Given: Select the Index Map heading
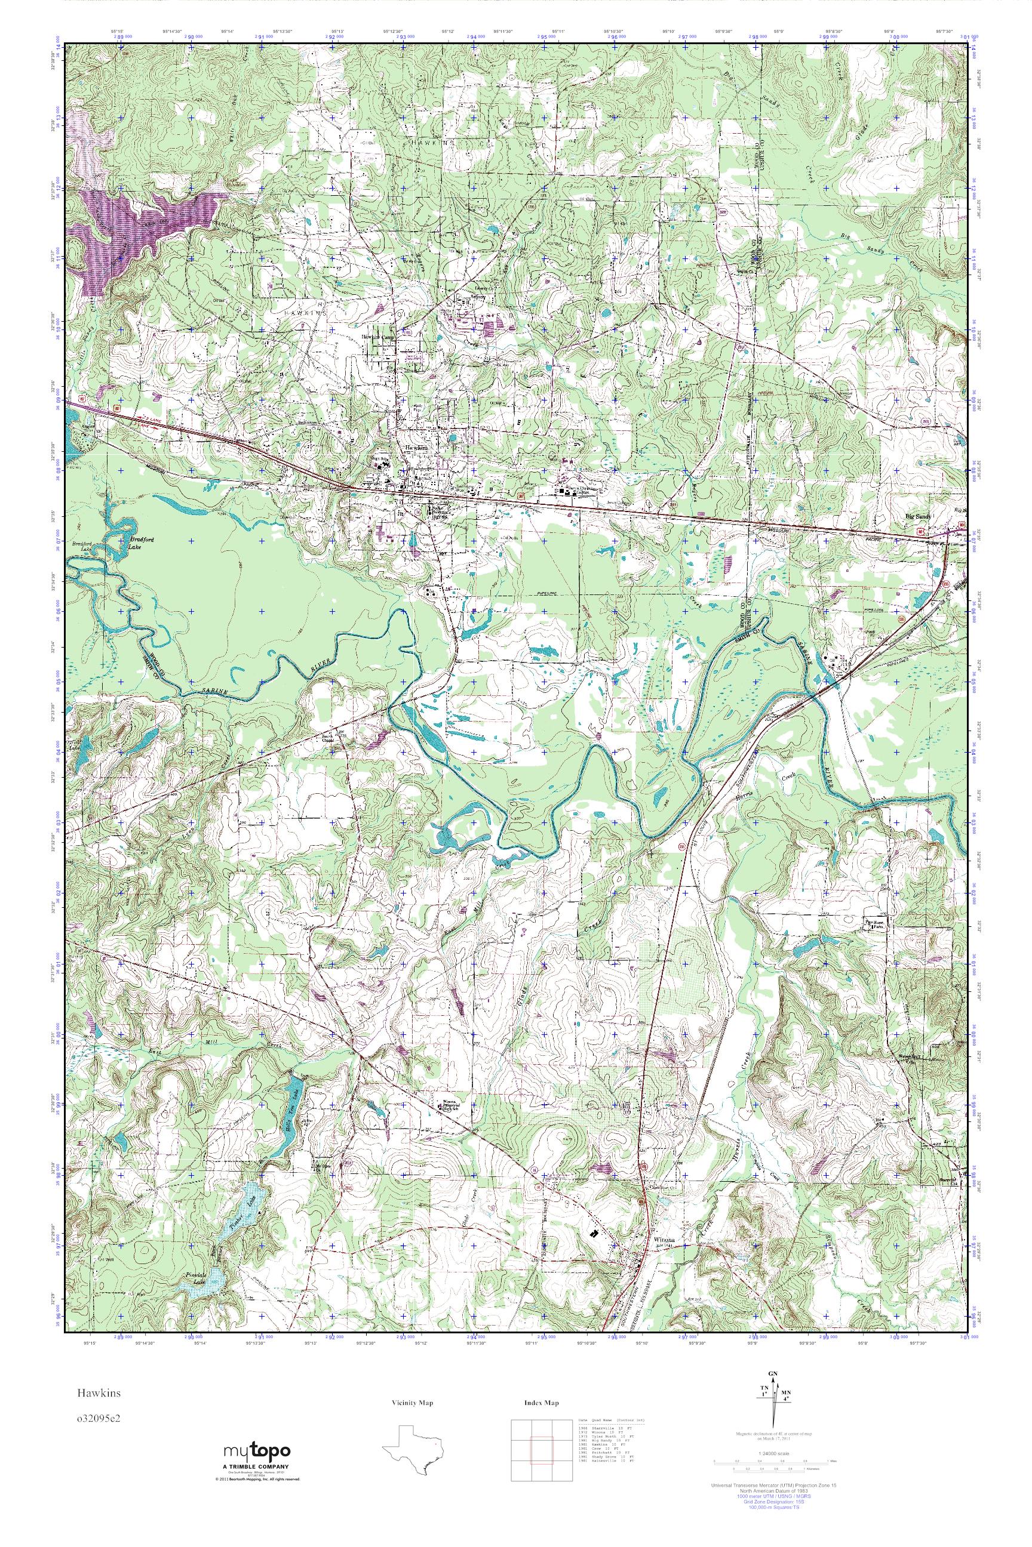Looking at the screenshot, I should pos(542,1403).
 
